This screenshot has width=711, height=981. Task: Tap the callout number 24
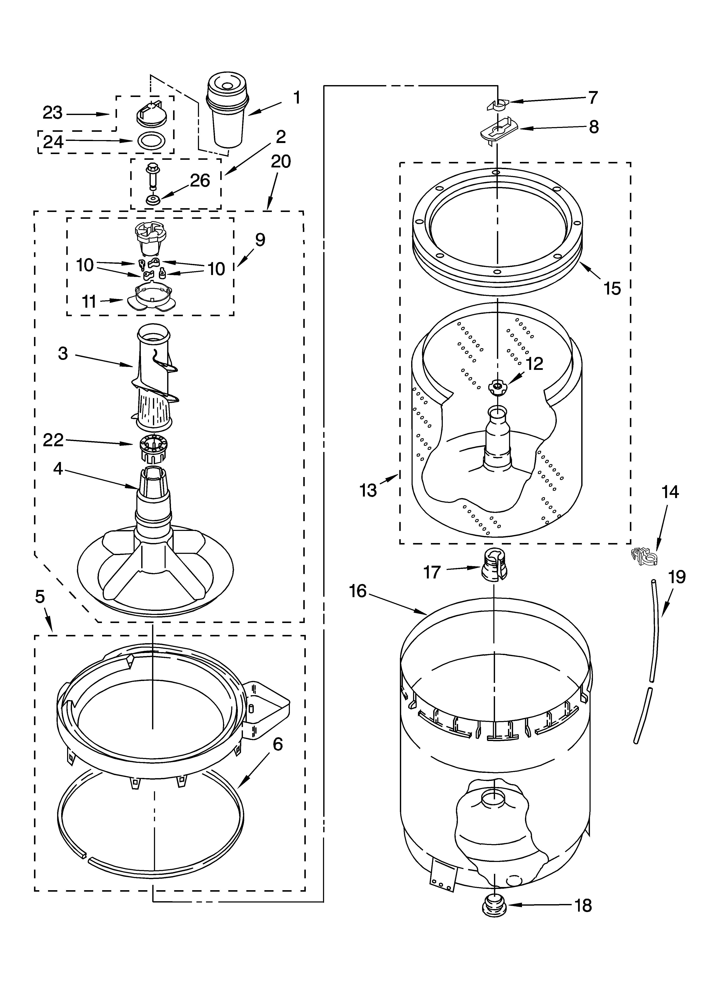pos(53,142)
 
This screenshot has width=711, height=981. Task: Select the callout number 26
pos(200,180)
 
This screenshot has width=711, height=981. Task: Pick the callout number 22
pos(53,440)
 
